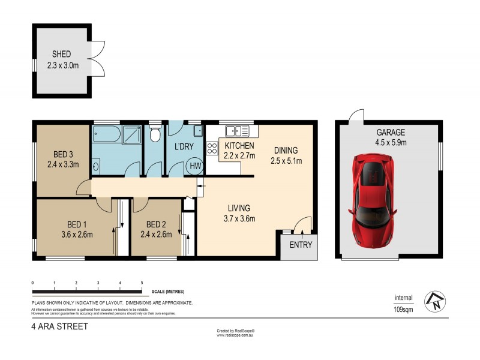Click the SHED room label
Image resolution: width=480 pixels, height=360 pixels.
(62, 54)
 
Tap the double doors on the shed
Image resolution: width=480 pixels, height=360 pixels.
(98, 59)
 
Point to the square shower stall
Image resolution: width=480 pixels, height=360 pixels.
(132, 135)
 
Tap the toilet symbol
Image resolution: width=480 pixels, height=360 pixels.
(155, 133)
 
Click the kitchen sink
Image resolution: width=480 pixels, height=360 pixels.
(237, 130)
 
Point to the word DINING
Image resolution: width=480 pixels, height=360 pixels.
(286, 151)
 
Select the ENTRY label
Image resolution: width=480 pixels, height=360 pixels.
(299, 245)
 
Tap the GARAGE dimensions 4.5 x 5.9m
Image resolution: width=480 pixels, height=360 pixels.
(391, 143)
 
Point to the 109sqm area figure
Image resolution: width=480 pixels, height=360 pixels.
(403, 309)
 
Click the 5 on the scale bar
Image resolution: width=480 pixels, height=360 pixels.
(142, 282)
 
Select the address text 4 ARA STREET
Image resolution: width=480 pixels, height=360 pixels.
(59, 327)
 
